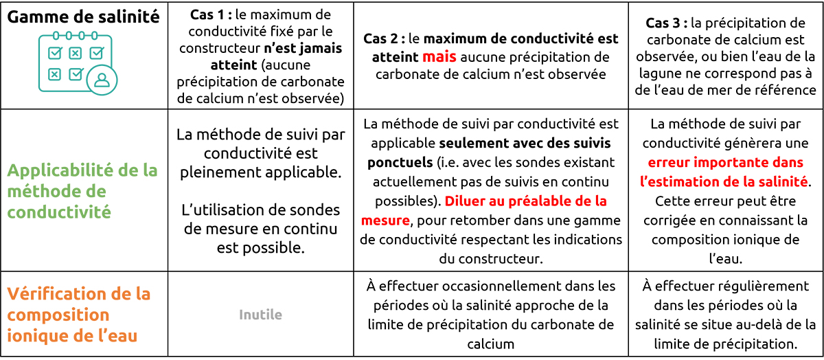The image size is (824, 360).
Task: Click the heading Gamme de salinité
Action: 83,16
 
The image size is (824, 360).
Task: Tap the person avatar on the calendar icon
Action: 102,79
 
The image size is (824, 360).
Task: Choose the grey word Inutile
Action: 260,315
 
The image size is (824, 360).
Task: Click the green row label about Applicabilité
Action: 82,191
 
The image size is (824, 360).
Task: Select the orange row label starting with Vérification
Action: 79,315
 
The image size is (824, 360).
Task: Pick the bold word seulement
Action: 482,144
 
